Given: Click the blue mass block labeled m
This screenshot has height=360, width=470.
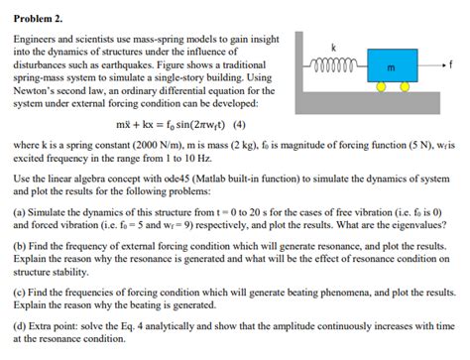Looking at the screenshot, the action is pyautogui.click(x=390, y=67).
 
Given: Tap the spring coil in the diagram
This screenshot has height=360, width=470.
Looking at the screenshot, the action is pyautogui.click(x=334, y=67).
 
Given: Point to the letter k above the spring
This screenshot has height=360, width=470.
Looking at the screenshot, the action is pyautogui.click(x=334, y=49).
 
